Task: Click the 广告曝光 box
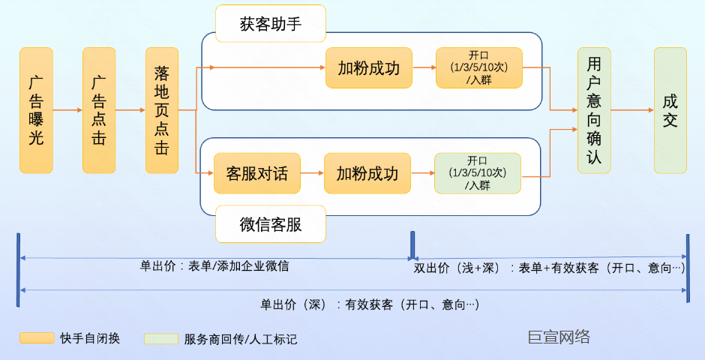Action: pos(36,110)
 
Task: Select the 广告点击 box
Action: pos(99,110)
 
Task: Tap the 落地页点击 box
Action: pos(162,110)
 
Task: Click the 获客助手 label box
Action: pos(271,24)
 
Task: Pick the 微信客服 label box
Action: pos(271,224)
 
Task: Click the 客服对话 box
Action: pos(256,174)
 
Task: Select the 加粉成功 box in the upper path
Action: pos(368,68)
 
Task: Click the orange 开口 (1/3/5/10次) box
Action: pos(478,67)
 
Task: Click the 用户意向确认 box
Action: pos(594,110)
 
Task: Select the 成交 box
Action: pos(670,110)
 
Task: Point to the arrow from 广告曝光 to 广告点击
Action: pos(67,110)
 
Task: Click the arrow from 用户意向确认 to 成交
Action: pos(632,110)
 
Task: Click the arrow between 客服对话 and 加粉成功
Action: pos(312,174)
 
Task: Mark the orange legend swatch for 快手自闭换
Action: pos(37,338)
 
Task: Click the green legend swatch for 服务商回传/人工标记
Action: pos(161,339)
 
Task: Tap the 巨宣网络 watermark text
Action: pos(559,337)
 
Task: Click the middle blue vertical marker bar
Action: pos(412,245)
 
